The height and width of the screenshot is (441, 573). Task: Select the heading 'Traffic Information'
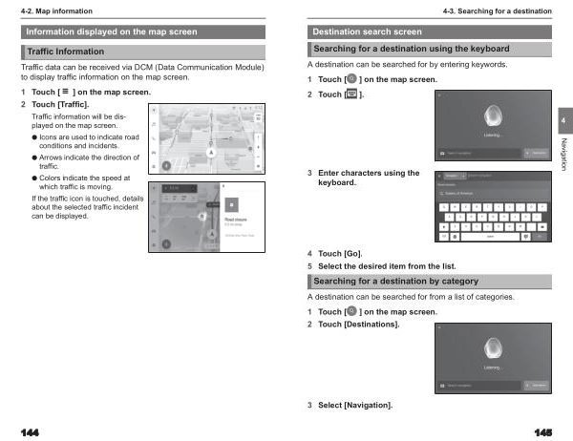pyautogui.click(x=66, y=50)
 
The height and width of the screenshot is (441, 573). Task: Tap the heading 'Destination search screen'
pyautogui.click(x=367, y=31)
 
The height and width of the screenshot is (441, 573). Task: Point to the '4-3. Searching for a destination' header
pyautogui.click(x=496, y=10)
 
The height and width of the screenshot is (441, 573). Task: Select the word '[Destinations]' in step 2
pyautogui.click(x=371, y=325)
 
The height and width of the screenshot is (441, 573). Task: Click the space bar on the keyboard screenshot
pyautogui.click(x=490, y=236)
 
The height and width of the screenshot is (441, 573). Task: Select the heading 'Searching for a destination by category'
pyautogui.click(x=395, y=281)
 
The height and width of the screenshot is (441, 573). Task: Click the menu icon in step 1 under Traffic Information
pyautogui.click(x=62, y=92)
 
